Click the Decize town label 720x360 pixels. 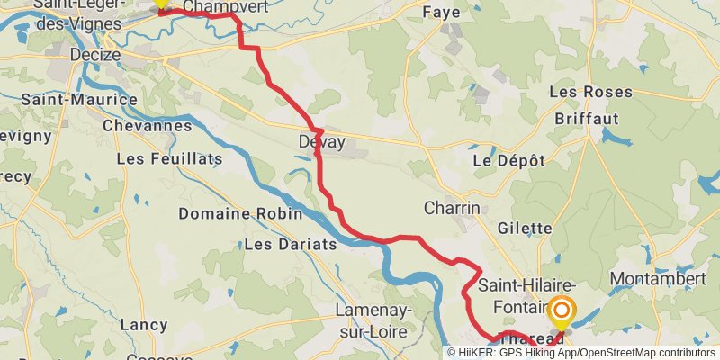95,55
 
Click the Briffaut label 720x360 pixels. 586,118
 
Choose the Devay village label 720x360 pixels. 322,142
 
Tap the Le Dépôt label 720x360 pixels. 509,160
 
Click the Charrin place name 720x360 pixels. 452,208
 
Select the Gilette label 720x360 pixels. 523,229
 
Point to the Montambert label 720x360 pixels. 658,279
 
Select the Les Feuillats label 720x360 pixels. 169,159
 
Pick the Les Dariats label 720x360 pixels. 290,244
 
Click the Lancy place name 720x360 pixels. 144,324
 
